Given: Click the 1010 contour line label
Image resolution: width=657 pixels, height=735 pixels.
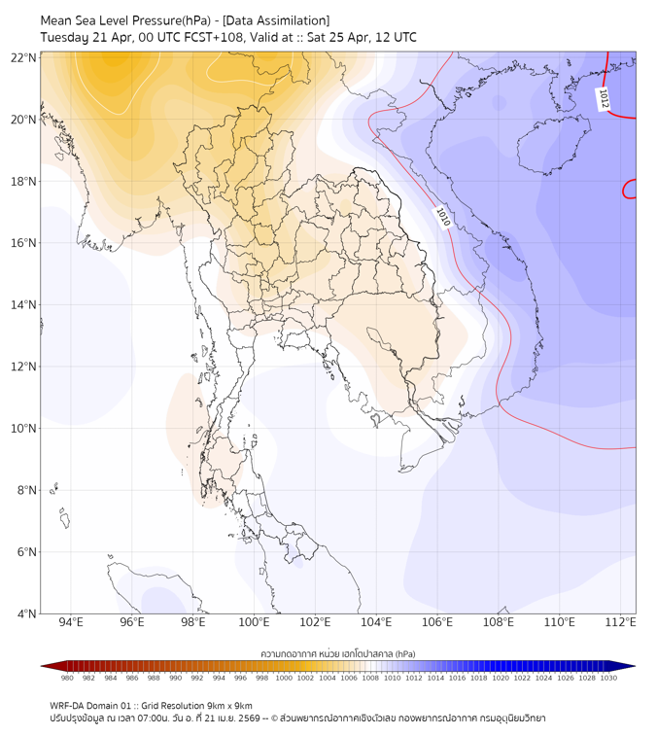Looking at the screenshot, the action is tap(443, 217).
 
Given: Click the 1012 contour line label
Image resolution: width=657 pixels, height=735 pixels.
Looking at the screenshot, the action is tap(604, 99).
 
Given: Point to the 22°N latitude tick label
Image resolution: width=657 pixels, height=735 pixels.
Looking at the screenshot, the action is tap(23, 58).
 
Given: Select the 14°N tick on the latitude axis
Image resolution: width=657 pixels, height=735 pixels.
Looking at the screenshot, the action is tap(23, 304).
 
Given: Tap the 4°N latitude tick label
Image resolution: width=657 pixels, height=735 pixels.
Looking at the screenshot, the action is tap(26, 613).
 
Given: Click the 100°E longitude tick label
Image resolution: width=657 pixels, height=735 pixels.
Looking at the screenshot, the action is tap(254, 622).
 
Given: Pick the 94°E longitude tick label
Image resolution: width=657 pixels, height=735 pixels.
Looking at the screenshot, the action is tap(71, 622).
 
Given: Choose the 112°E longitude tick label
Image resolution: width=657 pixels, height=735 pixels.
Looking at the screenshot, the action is tap(620, 622).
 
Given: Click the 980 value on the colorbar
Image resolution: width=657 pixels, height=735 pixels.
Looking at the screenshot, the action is tap(67, 678).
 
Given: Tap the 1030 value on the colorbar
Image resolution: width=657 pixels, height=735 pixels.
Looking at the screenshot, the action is tap(608, 678).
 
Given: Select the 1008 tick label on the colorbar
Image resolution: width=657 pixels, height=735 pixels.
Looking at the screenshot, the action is tap(370, 678).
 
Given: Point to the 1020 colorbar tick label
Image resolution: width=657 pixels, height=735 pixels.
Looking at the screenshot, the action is tap(501, 678).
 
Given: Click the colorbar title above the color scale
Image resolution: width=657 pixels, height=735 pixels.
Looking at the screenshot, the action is tap(338, 654).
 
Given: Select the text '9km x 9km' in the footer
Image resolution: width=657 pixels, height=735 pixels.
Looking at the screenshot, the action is tap(229, 706).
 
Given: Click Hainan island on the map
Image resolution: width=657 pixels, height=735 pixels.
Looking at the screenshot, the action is tap(553, 144).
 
